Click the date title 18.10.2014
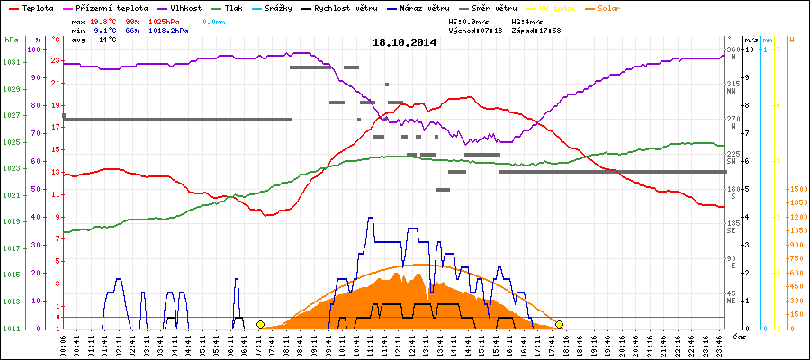pyautogui.click(x=404, y=42)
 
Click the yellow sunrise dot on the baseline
pyautogui.click(x=260, y=324)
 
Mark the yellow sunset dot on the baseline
pyautogui.click(x=559, y=324)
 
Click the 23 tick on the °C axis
pyautogui.click(x=56, y=62)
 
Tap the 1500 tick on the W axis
pyautogui.click(x=797, y=189)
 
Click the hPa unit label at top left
pyautogui.click(x=11, y=40)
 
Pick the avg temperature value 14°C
pyautogui.click(x=107, y=40)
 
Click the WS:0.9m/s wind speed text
pyautogui.click(x=473, y=20)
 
